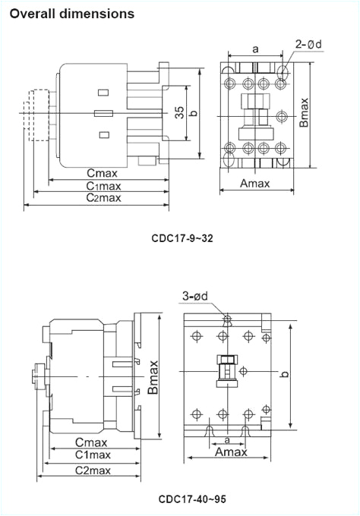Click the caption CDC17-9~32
click(x=182, y=238)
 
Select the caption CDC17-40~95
click(x=192, y=499)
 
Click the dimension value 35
click(x=179, y=113)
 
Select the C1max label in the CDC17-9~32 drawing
click(x=103, y=187)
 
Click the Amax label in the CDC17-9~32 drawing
click(x=257, y=184)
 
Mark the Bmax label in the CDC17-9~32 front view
click(x=304, y=112)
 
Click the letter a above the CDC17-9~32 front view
click(x=255, y=49)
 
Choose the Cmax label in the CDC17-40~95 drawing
click(x=91, y=442)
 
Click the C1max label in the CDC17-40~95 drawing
click(x=93, y=455)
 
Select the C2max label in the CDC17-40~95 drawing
click(x=93, y=470)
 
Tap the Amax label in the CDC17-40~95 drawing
click(x=231, y=451)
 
